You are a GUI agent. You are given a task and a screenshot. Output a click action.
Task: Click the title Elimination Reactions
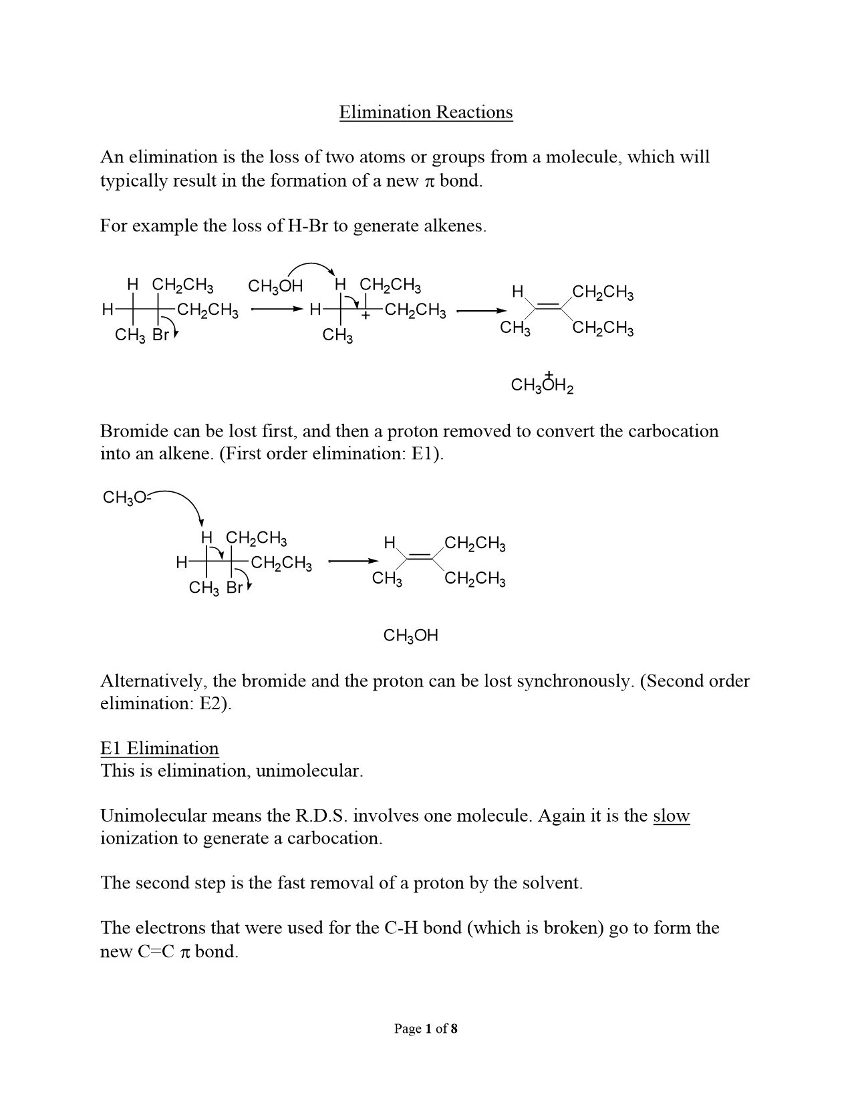click(426, 112)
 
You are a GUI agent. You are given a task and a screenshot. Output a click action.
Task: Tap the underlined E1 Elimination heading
click(160, 748)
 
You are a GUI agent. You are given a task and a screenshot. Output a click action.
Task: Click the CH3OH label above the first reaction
click(275, 287)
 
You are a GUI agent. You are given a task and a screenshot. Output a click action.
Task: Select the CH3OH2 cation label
click(542, 385)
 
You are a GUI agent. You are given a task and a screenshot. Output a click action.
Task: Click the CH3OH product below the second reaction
click(410, 636)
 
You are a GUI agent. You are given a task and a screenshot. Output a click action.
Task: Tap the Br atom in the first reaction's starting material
click(161, 336)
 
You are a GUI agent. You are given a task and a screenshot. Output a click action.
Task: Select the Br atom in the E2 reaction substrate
click(235, 588)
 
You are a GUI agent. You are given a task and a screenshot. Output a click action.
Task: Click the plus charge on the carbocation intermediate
click(366, 316)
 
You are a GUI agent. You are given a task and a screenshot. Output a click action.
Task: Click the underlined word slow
click(671, 816)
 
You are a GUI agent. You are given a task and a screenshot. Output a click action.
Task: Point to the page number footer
click(426, 1029)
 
